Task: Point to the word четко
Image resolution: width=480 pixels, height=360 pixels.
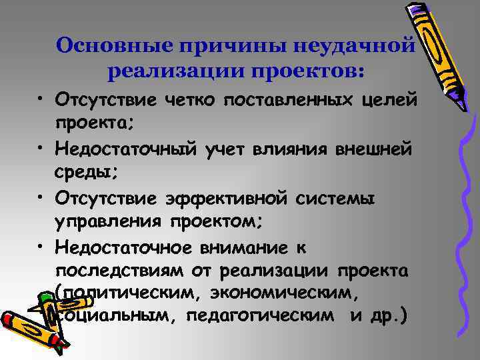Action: [x=189, y=100]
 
